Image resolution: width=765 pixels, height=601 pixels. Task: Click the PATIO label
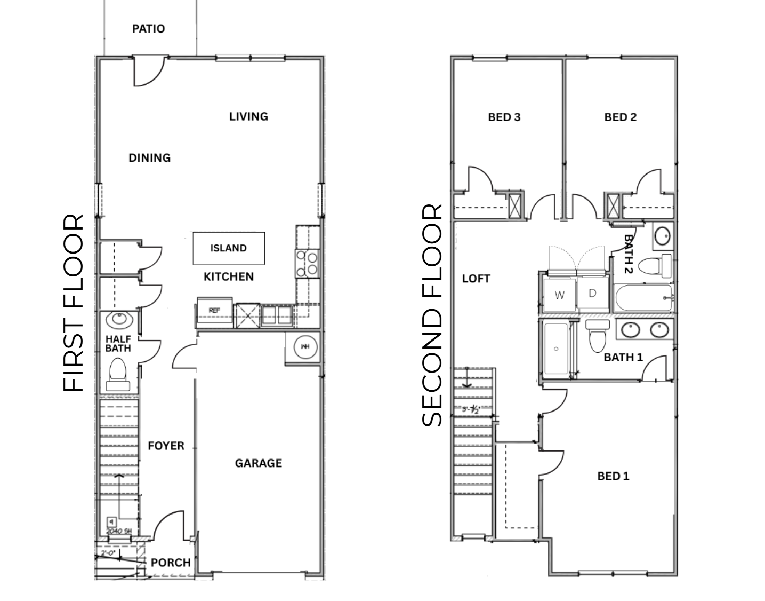(148, 29)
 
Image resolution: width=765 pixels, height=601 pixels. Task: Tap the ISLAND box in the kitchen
(228, 248)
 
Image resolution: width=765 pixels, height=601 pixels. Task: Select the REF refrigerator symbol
(214, 311)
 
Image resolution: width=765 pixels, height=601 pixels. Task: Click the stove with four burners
(307, 264)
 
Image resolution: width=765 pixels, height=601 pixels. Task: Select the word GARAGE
(258, 463)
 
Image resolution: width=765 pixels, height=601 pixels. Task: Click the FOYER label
(166, 446)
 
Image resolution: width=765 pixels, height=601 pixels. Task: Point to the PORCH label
(171, 563)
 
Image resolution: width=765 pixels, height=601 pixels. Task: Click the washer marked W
(559, 295)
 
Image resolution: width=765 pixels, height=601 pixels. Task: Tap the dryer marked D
(592, 294)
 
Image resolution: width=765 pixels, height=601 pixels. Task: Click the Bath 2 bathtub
(643, 298)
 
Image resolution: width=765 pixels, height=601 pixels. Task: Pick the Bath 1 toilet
(596, 337)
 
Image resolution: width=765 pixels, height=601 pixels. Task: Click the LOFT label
(476, 279)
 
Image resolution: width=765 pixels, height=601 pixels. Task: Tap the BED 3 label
(504, 117)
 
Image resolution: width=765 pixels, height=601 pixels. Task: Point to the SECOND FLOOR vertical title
(432, 315)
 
